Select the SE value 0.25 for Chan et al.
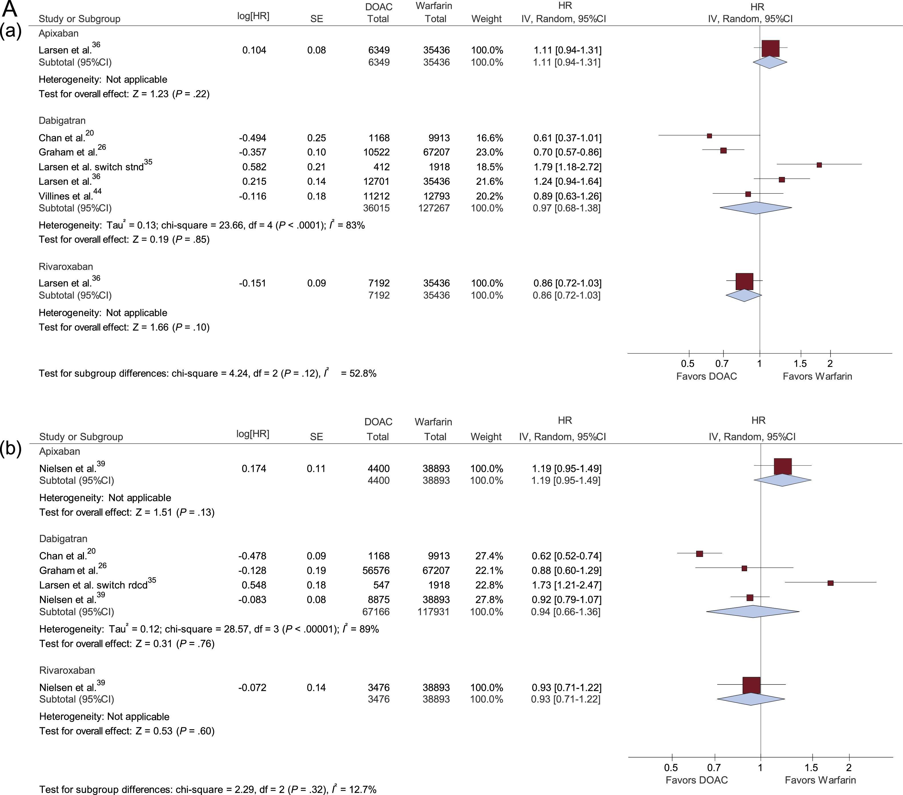coord(316,138)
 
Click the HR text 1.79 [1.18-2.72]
coord(567,167)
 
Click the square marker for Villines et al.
coord(748,194)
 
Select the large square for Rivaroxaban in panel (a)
coord(744,281)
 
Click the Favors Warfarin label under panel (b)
coord(820,780)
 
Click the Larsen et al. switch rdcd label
coord(93,585)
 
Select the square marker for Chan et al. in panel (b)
coord(699,554)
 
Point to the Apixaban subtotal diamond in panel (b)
coord(783,480)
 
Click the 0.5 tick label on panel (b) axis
coord(671,768)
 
